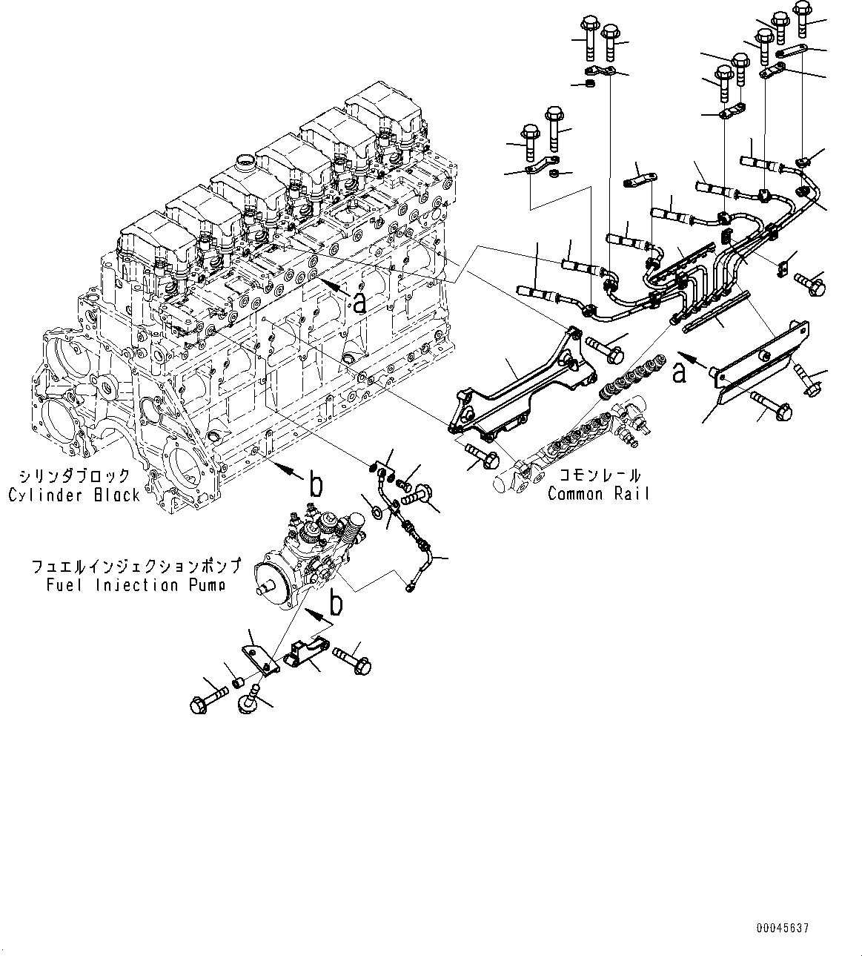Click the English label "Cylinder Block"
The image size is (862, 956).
[x=74, y=495]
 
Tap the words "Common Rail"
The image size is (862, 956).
[x=598, y=493]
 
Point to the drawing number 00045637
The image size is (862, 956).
[x=783, y=929]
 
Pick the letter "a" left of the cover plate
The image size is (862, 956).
[x=679, y=374]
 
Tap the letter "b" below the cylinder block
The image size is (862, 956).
[x=316, y=484]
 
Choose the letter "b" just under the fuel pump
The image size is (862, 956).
[x=336, y=603]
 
